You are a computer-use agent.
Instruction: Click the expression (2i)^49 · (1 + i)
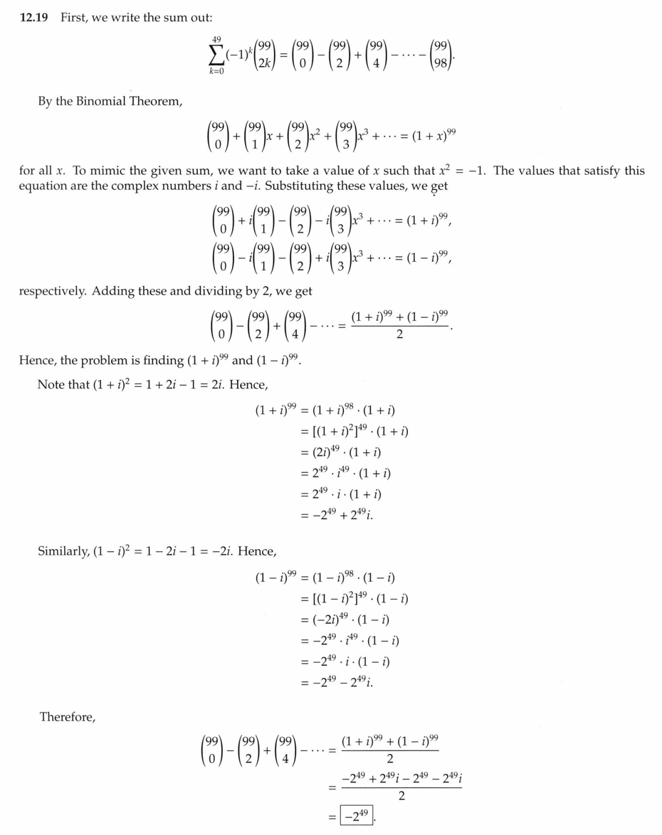pos(347,452)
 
